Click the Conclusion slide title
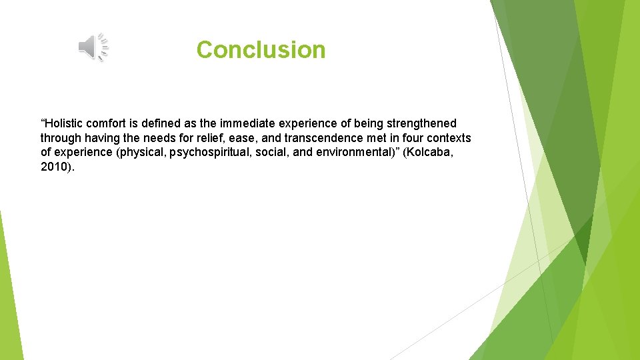point(261,50)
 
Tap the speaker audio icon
point(93,47)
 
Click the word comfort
point(111,123)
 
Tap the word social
point(272,153)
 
